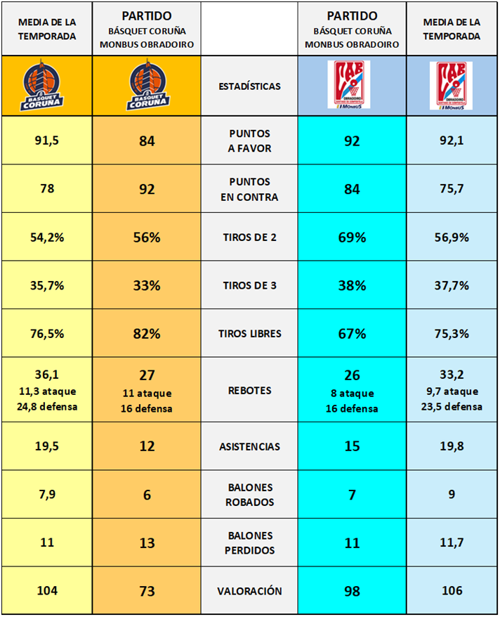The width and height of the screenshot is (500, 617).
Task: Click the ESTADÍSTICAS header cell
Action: (249, 86)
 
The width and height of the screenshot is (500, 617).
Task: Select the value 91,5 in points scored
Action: (46, 141)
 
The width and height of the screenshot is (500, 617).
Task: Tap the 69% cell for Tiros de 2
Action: (352, 238)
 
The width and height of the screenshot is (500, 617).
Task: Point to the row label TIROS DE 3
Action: (249, 286)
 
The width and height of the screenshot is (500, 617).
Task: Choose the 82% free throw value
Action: (146, 334)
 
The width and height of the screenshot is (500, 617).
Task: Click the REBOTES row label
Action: (249, 390)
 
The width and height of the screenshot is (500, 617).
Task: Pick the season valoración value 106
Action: (452, 591)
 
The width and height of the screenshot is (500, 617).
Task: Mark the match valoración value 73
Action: (146, 591)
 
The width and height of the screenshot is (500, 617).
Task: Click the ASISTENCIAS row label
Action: (249, 447)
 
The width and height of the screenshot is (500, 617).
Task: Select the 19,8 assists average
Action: (452, 447)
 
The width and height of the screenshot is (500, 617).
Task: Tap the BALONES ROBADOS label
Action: (249, 495)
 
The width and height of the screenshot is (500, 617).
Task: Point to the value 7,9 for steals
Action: (46, 495)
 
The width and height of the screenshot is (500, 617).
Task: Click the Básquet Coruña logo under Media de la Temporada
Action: (46, 86)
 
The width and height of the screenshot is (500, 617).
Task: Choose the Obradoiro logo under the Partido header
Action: (352, 85)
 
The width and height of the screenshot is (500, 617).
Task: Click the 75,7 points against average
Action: (452, 189)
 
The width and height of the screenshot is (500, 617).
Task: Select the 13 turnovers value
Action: (146, 543)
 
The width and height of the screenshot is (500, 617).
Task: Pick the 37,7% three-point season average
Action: (452, 286)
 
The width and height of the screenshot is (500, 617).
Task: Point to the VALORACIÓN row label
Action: (249, 591)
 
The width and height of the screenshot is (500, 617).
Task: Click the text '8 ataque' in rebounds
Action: (352, 394)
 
